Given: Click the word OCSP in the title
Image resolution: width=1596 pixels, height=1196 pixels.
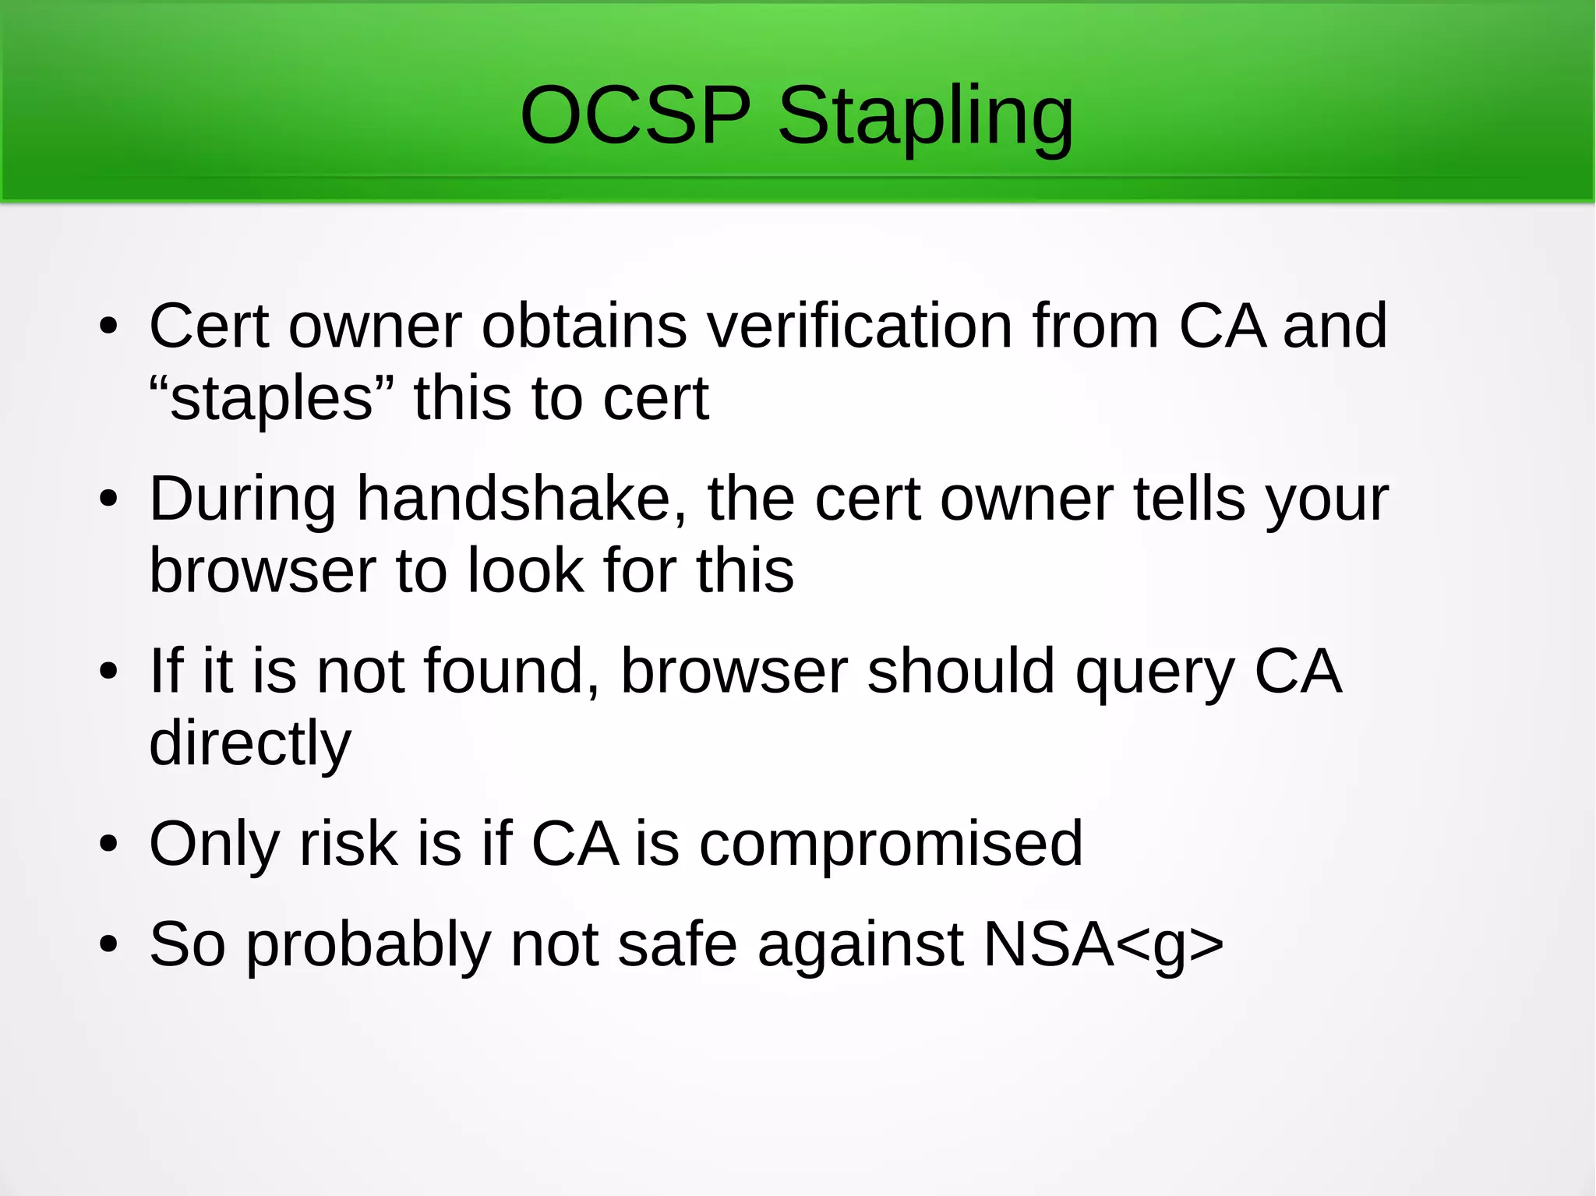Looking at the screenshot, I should (x=635, y=117).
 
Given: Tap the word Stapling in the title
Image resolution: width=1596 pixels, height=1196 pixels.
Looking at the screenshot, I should (x=926, y=118).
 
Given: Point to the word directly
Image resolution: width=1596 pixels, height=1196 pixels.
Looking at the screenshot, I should (x=250, y=744).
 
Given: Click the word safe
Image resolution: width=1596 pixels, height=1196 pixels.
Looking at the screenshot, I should (x=677, y=944).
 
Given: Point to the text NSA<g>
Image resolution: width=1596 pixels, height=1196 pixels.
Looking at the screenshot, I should (x=1103, y=944).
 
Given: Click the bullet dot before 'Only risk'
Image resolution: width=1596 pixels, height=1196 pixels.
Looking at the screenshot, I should (x=108, y=845).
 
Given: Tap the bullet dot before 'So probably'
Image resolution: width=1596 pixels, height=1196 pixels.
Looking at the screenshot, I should (x=108, y=945).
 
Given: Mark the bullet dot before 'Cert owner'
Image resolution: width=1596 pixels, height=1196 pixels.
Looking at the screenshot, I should (x=108, y=326).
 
